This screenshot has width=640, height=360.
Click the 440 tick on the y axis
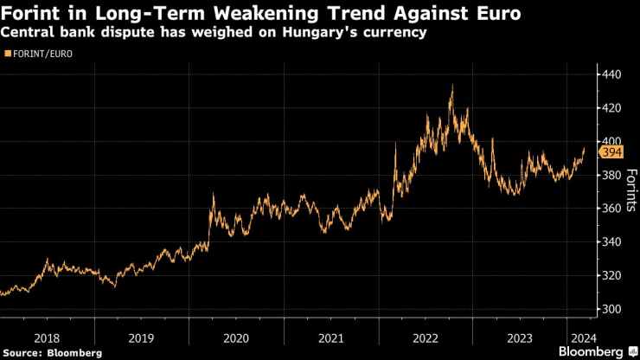[613, 74]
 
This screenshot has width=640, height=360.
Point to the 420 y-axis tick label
[613, 108]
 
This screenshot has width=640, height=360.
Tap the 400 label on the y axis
[613, 141]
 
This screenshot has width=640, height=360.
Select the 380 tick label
[613, 175]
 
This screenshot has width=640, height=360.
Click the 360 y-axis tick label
[613, 209]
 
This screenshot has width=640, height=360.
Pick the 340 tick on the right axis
[613, 241]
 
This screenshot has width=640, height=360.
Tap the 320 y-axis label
[613, 275]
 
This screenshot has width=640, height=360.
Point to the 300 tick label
[613, 309]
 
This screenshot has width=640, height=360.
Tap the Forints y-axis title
[631, 191]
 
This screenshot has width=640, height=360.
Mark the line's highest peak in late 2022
[451, 86]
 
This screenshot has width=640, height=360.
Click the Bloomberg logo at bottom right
[593, 351]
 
